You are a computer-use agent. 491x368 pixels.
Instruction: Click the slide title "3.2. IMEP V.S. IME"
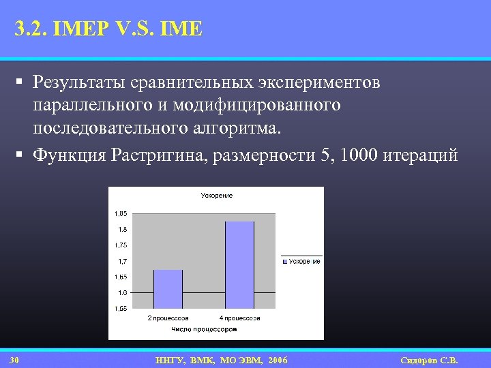[108, 30]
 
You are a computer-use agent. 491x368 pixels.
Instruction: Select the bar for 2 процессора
[168, 289]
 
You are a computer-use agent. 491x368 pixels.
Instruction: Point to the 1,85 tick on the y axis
[119, 213]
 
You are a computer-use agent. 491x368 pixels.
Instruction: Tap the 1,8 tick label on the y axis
[121, 229]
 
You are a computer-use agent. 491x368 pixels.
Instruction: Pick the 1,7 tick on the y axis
[121, 261]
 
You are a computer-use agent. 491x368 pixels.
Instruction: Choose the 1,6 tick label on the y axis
[121, 292]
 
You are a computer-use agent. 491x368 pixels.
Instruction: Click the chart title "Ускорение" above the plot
[216, 196]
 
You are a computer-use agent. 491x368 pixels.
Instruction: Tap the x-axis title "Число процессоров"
[204, 329]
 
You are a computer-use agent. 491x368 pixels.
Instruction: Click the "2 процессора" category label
[168, 318]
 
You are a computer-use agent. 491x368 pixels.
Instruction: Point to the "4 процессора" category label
[239, 318]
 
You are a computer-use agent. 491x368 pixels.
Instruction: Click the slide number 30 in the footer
[14, 359]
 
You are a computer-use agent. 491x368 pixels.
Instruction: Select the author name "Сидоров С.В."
[429, 359]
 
